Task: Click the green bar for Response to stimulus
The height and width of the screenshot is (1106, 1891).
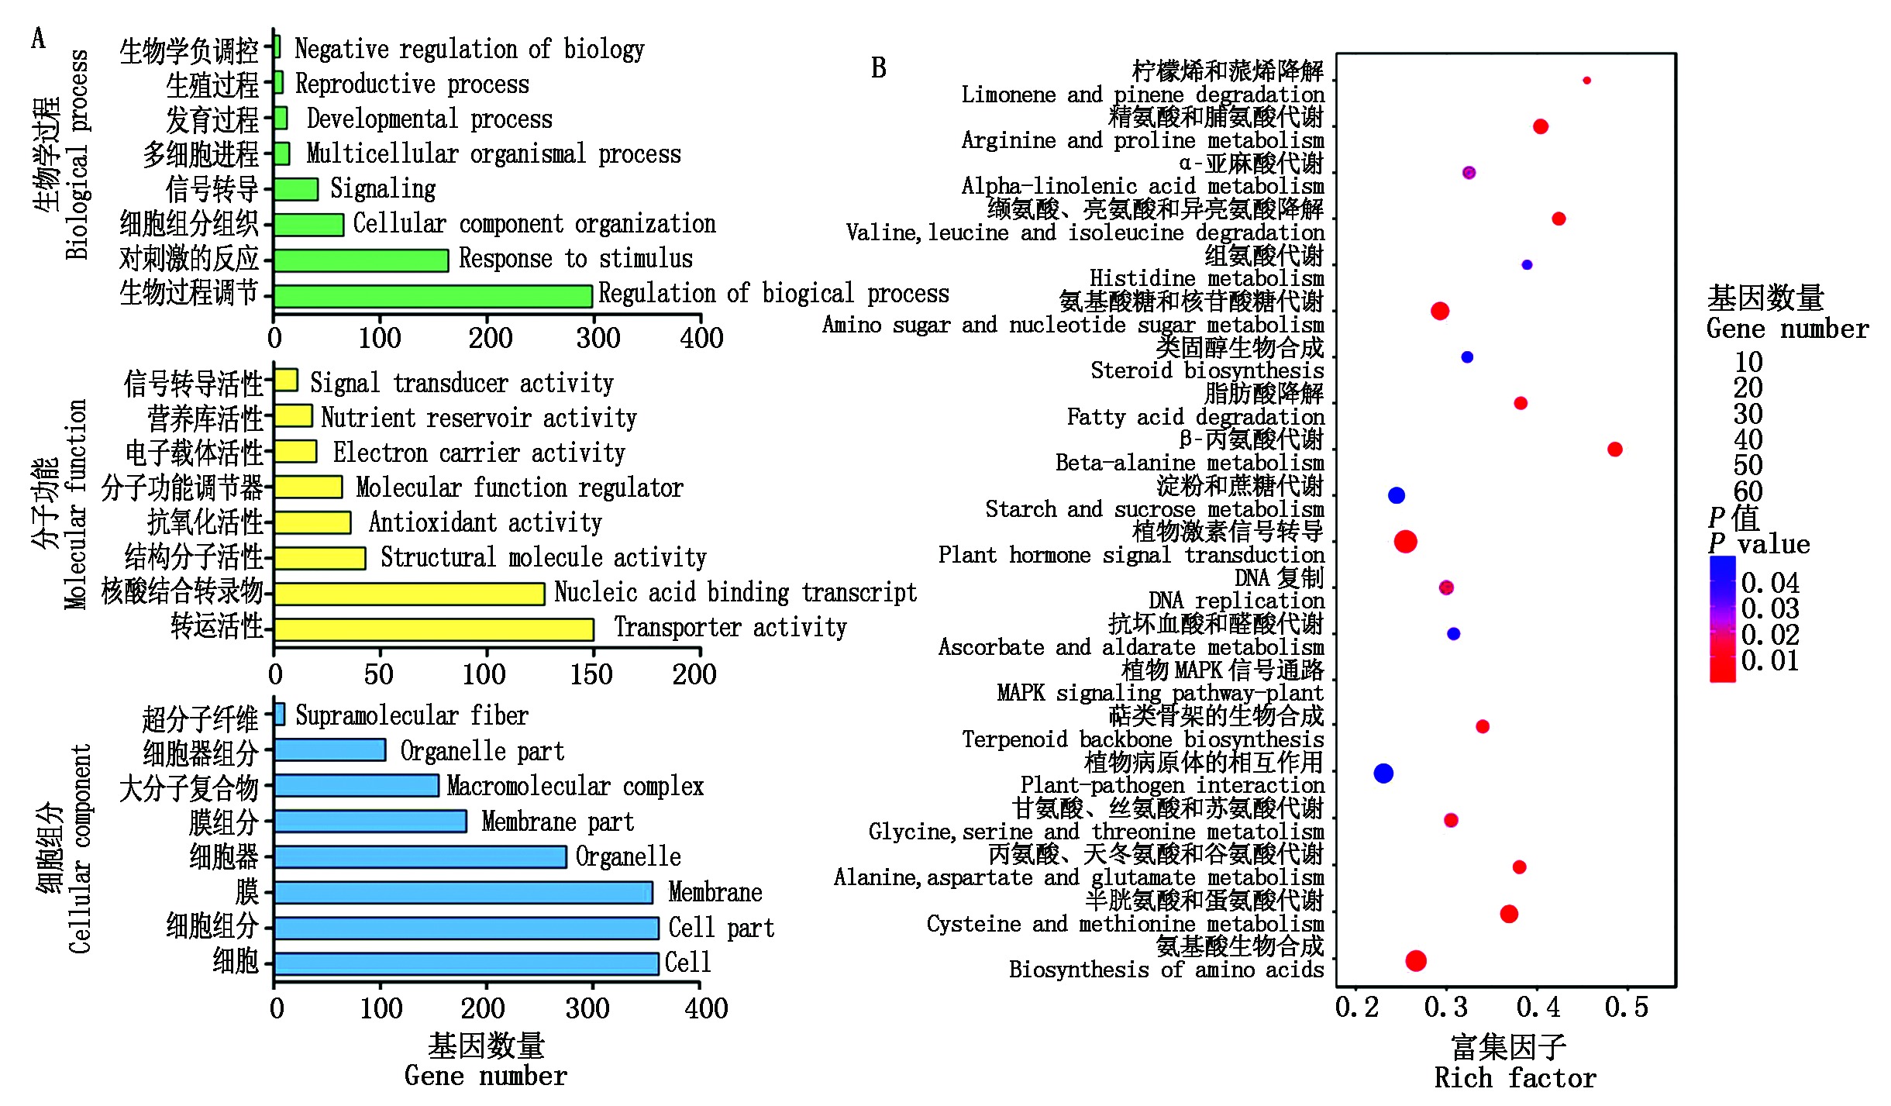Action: tap(361, 260)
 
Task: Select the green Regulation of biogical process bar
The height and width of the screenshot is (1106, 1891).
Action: tap(433, 296)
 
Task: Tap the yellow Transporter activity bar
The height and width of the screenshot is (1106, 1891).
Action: tap(434, 629)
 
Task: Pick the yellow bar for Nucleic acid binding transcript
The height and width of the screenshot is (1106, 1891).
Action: tap(409, 594)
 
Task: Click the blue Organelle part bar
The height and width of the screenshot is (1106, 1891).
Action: tap(330, 749)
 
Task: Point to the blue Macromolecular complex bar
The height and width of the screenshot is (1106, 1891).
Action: tap(356, 785)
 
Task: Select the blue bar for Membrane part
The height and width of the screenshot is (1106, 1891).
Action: tap(370, 821)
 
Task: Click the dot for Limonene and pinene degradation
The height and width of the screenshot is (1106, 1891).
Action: tap(1586, 81)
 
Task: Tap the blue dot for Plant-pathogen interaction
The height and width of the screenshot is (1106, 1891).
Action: tap(1383, 773)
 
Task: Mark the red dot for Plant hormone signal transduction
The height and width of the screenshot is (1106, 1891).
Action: tap(1405, 541)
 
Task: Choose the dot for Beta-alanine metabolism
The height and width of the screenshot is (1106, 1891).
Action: tap(1614, 449)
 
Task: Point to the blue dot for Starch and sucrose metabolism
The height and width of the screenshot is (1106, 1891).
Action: tap(1396, 495)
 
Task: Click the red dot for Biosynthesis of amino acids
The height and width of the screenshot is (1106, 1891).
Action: tap(1416, 960)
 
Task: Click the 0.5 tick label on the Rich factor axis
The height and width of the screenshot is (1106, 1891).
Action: tap(1626, 1008)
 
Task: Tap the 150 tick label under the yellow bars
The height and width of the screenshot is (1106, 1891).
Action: tap(591, 674)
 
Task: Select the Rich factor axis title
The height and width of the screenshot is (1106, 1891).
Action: tap(1514, 1077)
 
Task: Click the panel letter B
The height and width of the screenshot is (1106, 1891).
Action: tap(878, 68)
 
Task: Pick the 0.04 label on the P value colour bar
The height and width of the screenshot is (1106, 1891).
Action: tap(1769, 583)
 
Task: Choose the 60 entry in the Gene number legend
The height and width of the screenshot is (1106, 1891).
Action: tap(1748, 491)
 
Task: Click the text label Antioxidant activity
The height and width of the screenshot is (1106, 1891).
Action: tap(485, 522)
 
